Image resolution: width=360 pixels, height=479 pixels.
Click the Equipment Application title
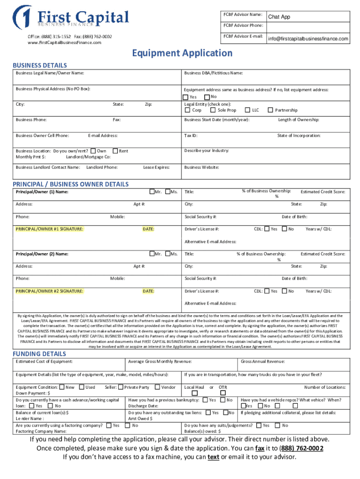coord(180,53)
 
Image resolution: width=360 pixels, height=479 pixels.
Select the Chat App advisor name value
coord(279,17)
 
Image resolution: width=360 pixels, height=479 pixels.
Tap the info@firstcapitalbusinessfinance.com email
coord(308,39)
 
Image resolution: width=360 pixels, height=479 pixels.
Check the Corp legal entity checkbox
coord(187,110)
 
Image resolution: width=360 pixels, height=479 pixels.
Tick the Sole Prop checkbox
coord(213,110)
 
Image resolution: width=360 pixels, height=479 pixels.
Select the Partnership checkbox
coord(270,110)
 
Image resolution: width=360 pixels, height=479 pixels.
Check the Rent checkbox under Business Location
coord(115,151)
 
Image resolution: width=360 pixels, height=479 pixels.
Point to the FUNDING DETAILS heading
coord(39,354)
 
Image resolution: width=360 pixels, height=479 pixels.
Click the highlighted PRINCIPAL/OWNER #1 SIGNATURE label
coord(50,229)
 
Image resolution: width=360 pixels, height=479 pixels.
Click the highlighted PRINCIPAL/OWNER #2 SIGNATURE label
coord(50,291)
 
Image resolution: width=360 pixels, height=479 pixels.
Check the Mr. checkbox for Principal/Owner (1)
coord(152,191)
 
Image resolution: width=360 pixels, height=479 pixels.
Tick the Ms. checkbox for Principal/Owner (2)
coord(168,254)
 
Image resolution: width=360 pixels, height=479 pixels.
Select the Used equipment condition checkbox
coord(81,387)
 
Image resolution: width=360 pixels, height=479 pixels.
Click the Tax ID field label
coord(191,136)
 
